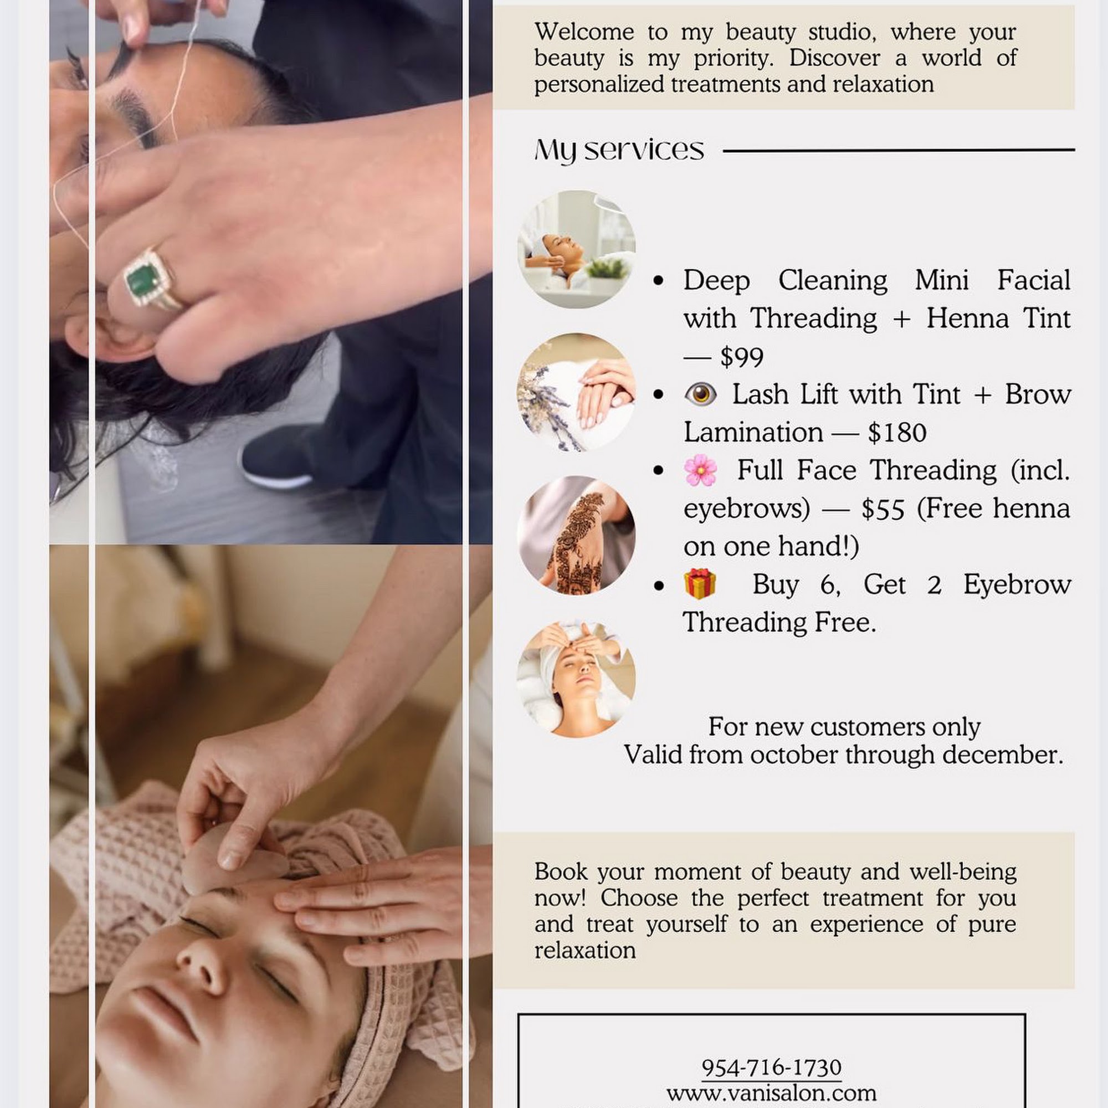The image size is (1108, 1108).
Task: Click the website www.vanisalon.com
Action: point(771,1092)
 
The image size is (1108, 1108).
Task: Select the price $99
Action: point(742,357)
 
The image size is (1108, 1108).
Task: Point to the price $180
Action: point(897,433)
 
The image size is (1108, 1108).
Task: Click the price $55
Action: point(883,509)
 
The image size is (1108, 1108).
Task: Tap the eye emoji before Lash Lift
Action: point(700,394)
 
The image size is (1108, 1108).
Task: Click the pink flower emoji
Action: point(700,470)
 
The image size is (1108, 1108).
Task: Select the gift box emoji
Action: point(700,584)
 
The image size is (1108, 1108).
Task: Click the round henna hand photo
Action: point(576,535)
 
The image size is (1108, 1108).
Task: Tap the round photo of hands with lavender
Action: point(576,392)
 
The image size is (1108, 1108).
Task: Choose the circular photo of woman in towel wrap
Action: point(576,679)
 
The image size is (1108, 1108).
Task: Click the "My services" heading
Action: point(619,150)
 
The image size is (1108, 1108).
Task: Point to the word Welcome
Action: point(584,32)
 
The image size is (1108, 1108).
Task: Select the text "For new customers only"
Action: point(844,727)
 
